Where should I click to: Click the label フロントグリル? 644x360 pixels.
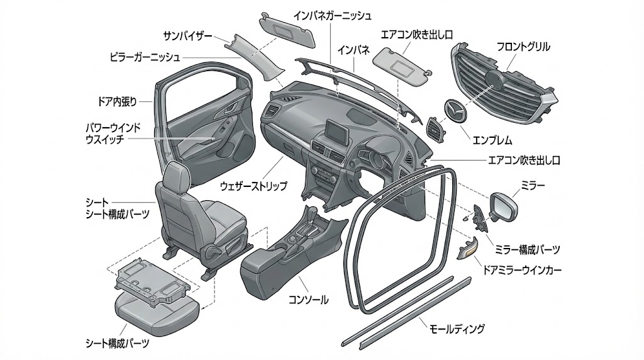(523, 47)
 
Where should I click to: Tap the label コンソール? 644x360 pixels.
(308, 300)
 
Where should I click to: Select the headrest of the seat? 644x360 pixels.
(175, 177)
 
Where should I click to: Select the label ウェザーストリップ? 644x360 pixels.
(253, 186)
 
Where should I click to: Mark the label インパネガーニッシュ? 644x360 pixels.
(333, 14)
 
